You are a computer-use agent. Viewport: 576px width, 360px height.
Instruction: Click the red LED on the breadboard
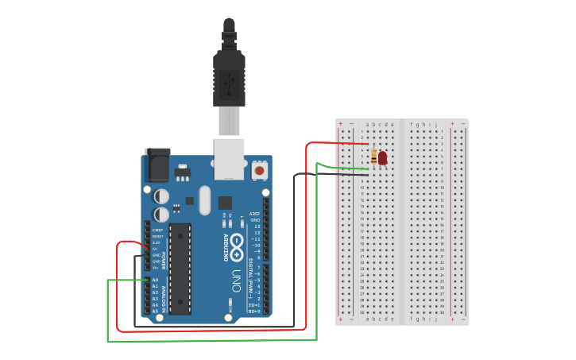click(x=382, y=158)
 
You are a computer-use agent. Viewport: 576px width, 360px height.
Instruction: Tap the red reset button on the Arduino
click(x=259, y=170)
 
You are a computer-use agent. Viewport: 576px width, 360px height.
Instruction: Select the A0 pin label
click(x=155, y=280)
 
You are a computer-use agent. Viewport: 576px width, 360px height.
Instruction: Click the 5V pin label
click(x=156, y=249)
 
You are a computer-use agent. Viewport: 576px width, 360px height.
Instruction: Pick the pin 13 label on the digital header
click(x=256, y=226)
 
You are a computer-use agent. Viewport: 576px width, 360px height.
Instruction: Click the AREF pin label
click(x=255, y=214)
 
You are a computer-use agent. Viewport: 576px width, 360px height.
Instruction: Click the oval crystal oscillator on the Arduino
click(x=205, y=200)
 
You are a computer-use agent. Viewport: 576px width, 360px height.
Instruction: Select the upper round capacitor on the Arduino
click(x=161, y=195)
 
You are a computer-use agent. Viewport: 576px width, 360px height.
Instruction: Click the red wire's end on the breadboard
click(x=367, y=145)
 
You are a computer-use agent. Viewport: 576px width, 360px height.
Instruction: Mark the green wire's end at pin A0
click(x=145, y=280)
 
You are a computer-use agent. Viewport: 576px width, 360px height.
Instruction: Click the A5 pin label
click(x=155, y=312)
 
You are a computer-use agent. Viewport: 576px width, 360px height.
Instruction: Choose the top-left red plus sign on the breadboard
click(x=341, y=124)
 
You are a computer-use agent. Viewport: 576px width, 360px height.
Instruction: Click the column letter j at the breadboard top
click(x=435, y=124)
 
